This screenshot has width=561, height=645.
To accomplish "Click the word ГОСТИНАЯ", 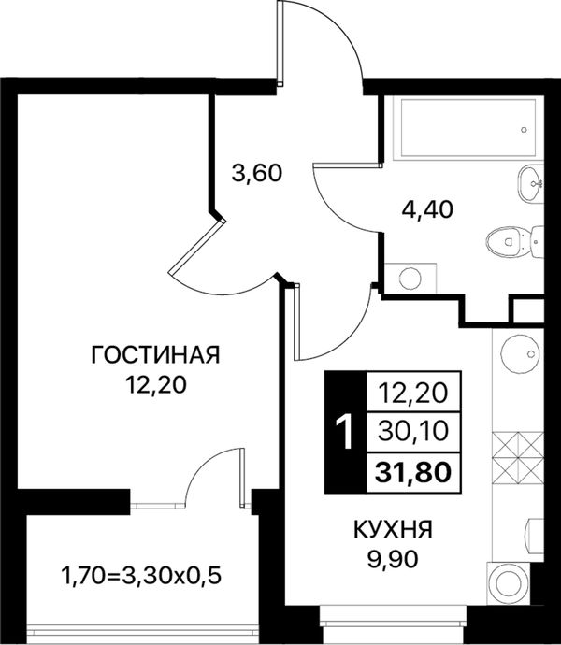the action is point(155,355).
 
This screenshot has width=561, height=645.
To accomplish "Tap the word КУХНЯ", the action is point(393,529).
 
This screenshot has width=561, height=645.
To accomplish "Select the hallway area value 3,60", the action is point(257,173).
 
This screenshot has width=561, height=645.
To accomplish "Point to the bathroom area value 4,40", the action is point(427,209).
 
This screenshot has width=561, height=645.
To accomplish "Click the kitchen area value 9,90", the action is point(393,559).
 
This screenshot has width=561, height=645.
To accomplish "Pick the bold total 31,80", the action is point(413,472).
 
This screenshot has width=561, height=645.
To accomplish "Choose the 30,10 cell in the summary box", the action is point(413,432).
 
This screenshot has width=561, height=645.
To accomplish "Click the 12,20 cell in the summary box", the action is point(413,392).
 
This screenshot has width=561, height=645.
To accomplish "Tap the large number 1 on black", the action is point(345,432).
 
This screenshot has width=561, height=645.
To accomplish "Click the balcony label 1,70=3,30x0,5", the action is point(141,576).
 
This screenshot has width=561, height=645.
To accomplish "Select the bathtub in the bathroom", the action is point(468,128).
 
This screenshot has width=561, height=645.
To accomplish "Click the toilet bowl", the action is point(515,241).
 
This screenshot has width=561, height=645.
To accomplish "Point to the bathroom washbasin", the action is point(530,183).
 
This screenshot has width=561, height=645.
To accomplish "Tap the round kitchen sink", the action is point(520,351).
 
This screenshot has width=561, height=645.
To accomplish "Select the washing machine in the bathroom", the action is point(410,279).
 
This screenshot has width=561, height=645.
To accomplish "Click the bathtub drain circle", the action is point(524,130).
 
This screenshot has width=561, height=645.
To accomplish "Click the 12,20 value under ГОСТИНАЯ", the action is point(156,385).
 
